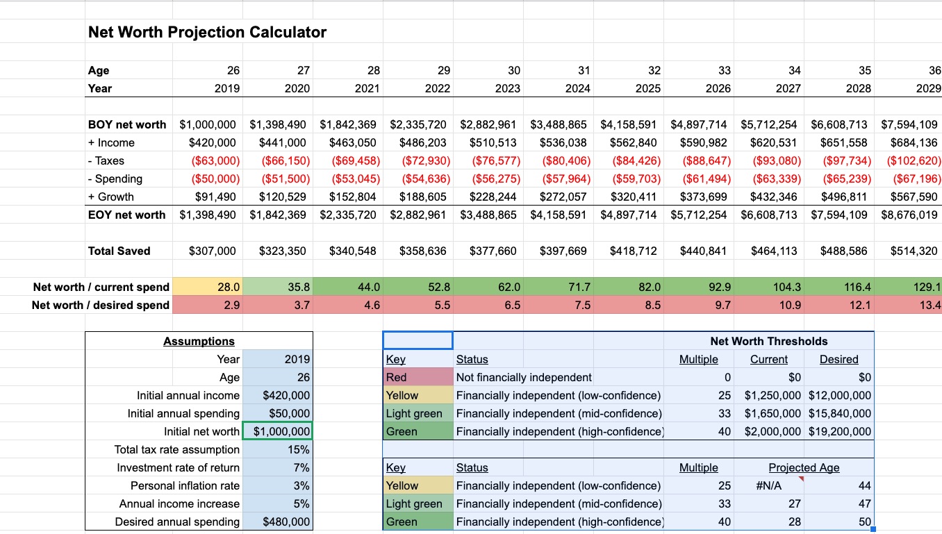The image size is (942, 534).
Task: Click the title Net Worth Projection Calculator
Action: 207,32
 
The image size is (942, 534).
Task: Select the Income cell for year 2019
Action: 212,142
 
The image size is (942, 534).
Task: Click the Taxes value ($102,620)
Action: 914,160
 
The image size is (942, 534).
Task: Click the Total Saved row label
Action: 119,251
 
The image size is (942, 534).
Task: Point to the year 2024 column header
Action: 577,88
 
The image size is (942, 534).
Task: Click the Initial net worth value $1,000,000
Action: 277,431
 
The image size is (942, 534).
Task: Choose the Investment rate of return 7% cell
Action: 277,467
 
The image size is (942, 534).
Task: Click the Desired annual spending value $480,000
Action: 277,522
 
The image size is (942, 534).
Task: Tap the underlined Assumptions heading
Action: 199,341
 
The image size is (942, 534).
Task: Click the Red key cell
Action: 418,377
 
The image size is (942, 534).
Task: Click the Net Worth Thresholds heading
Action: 768,341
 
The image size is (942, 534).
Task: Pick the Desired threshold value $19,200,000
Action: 839,431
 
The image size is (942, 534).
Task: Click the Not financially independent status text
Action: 524,377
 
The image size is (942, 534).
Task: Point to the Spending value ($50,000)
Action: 215,178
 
